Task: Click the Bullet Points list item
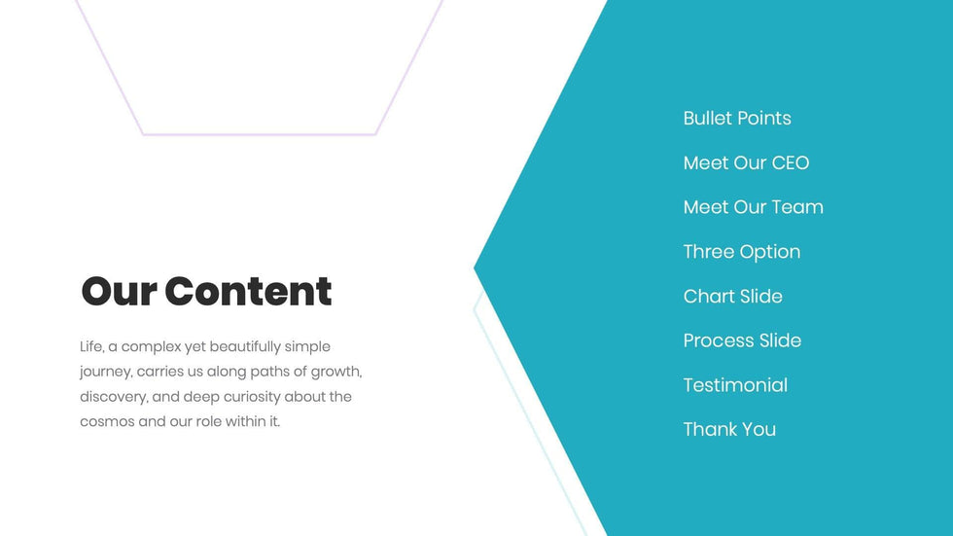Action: (737, 118)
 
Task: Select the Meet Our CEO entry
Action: (747, 162)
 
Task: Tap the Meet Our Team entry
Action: (754, 207)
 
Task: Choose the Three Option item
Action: (742, 252)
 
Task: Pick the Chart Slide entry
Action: (733, 297)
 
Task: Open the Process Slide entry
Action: (743, 340)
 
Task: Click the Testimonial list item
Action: (735, 385)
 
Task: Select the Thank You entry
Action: (730, 430)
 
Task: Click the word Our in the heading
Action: (119, 292)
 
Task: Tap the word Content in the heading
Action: (249, 291)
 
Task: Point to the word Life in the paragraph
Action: (92, 347)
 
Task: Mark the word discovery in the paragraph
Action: (114, 397)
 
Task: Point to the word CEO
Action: (791, 162)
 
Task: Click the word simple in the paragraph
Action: (307, 347)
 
